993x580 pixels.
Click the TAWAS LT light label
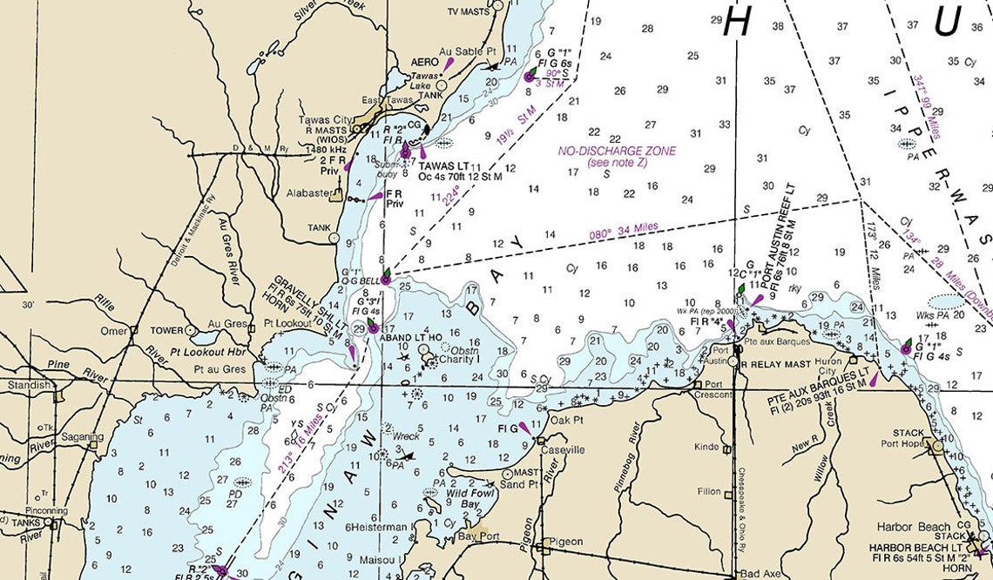coord(443,165)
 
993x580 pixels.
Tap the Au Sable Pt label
coord(467,51)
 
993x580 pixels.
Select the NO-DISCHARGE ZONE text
coord(617,151)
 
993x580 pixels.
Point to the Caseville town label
coord(563,449)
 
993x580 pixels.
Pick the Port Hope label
coord(906,444)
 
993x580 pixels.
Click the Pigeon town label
coord(566,542)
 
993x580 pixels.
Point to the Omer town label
coord(114,330)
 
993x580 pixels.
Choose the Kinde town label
coord(706,447)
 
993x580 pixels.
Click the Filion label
coord(709,491)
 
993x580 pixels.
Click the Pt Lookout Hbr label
coord(210,353)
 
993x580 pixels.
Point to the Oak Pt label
coord(566,421)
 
